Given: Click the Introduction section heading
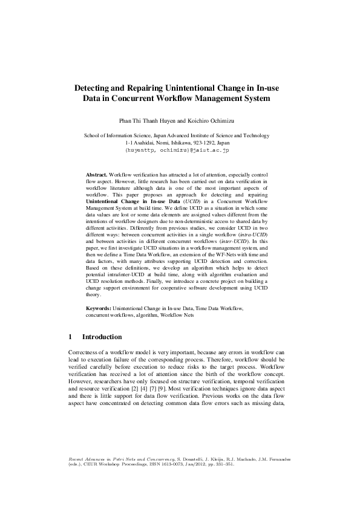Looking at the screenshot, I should pyautogui.click(x=102, y=337).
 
